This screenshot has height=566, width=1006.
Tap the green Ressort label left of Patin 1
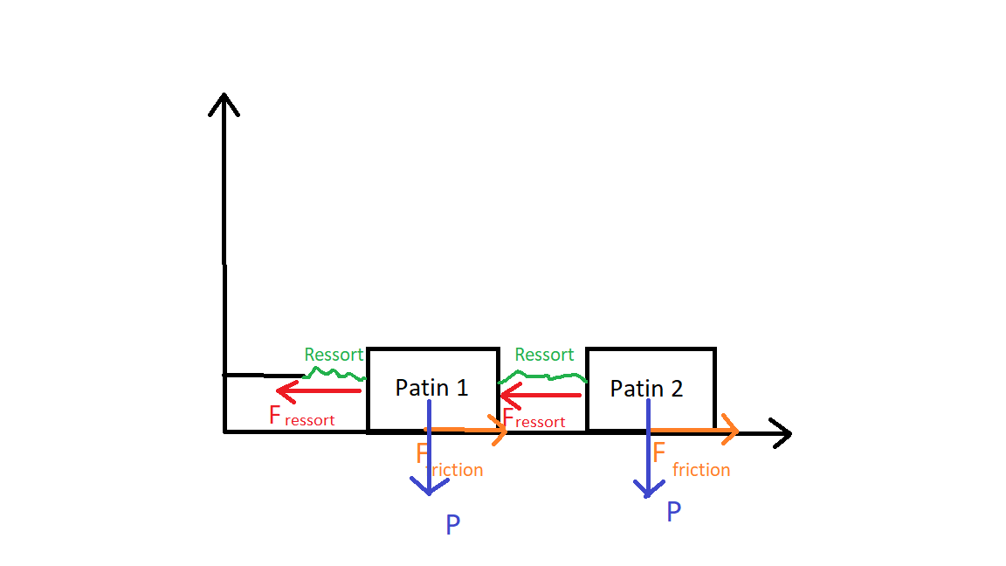(x=334, y=355)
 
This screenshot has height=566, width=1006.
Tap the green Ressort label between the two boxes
(x=544, y=355)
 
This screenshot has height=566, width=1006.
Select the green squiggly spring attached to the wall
(x=335, y=374)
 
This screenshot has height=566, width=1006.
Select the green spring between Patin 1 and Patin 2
(x=543, y=377)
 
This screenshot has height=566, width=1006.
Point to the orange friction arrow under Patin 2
(x=694, y=430)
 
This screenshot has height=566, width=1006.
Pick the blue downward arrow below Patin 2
(x=648, y=463)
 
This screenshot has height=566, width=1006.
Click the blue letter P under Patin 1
(x=452, y=525)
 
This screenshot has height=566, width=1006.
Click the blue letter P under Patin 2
(x=673, y=512)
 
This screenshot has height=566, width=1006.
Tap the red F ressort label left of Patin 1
(x=301, y=417)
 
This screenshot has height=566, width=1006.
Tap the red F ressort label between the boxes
(x=534, y=418)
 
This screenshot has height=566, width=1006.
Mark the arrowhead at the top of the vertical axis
(x=224, y=102)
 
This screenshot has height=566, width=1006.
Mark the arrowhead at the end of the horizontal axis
(x=781, y=432)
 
